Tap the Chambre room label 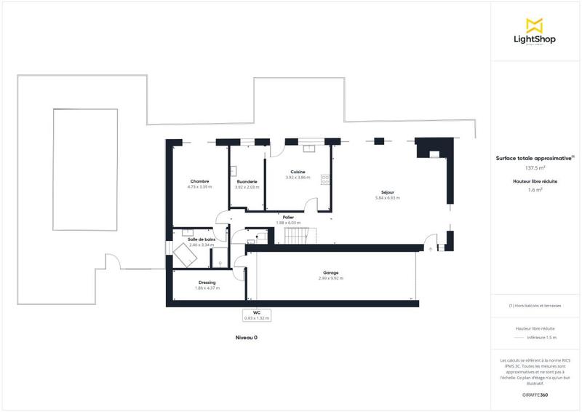coord(200,181)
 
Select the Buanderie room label coord(247,181)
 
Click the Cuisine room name coord(298,172)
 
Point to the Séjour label coord(388,192)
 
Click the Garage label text coord(331,273)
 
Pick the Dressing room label coord(207,282)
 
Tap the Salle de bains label coord(202,239)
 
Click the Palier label coord(288,217)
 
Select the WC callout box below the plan coord(257,315)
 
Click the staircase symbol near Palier coord(298,236)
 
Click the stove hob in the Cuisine coord(324,179)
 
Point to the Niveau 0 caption coord(246,338)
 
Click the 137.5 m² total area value coord(535,167)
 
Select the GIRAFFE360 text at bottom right coord(535,394)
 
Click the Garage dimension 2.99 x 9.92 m coord(331,278)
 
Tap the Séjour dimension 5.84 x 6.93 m coord(388,198)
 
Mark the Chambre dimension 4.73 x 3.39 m coord(200,187)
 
